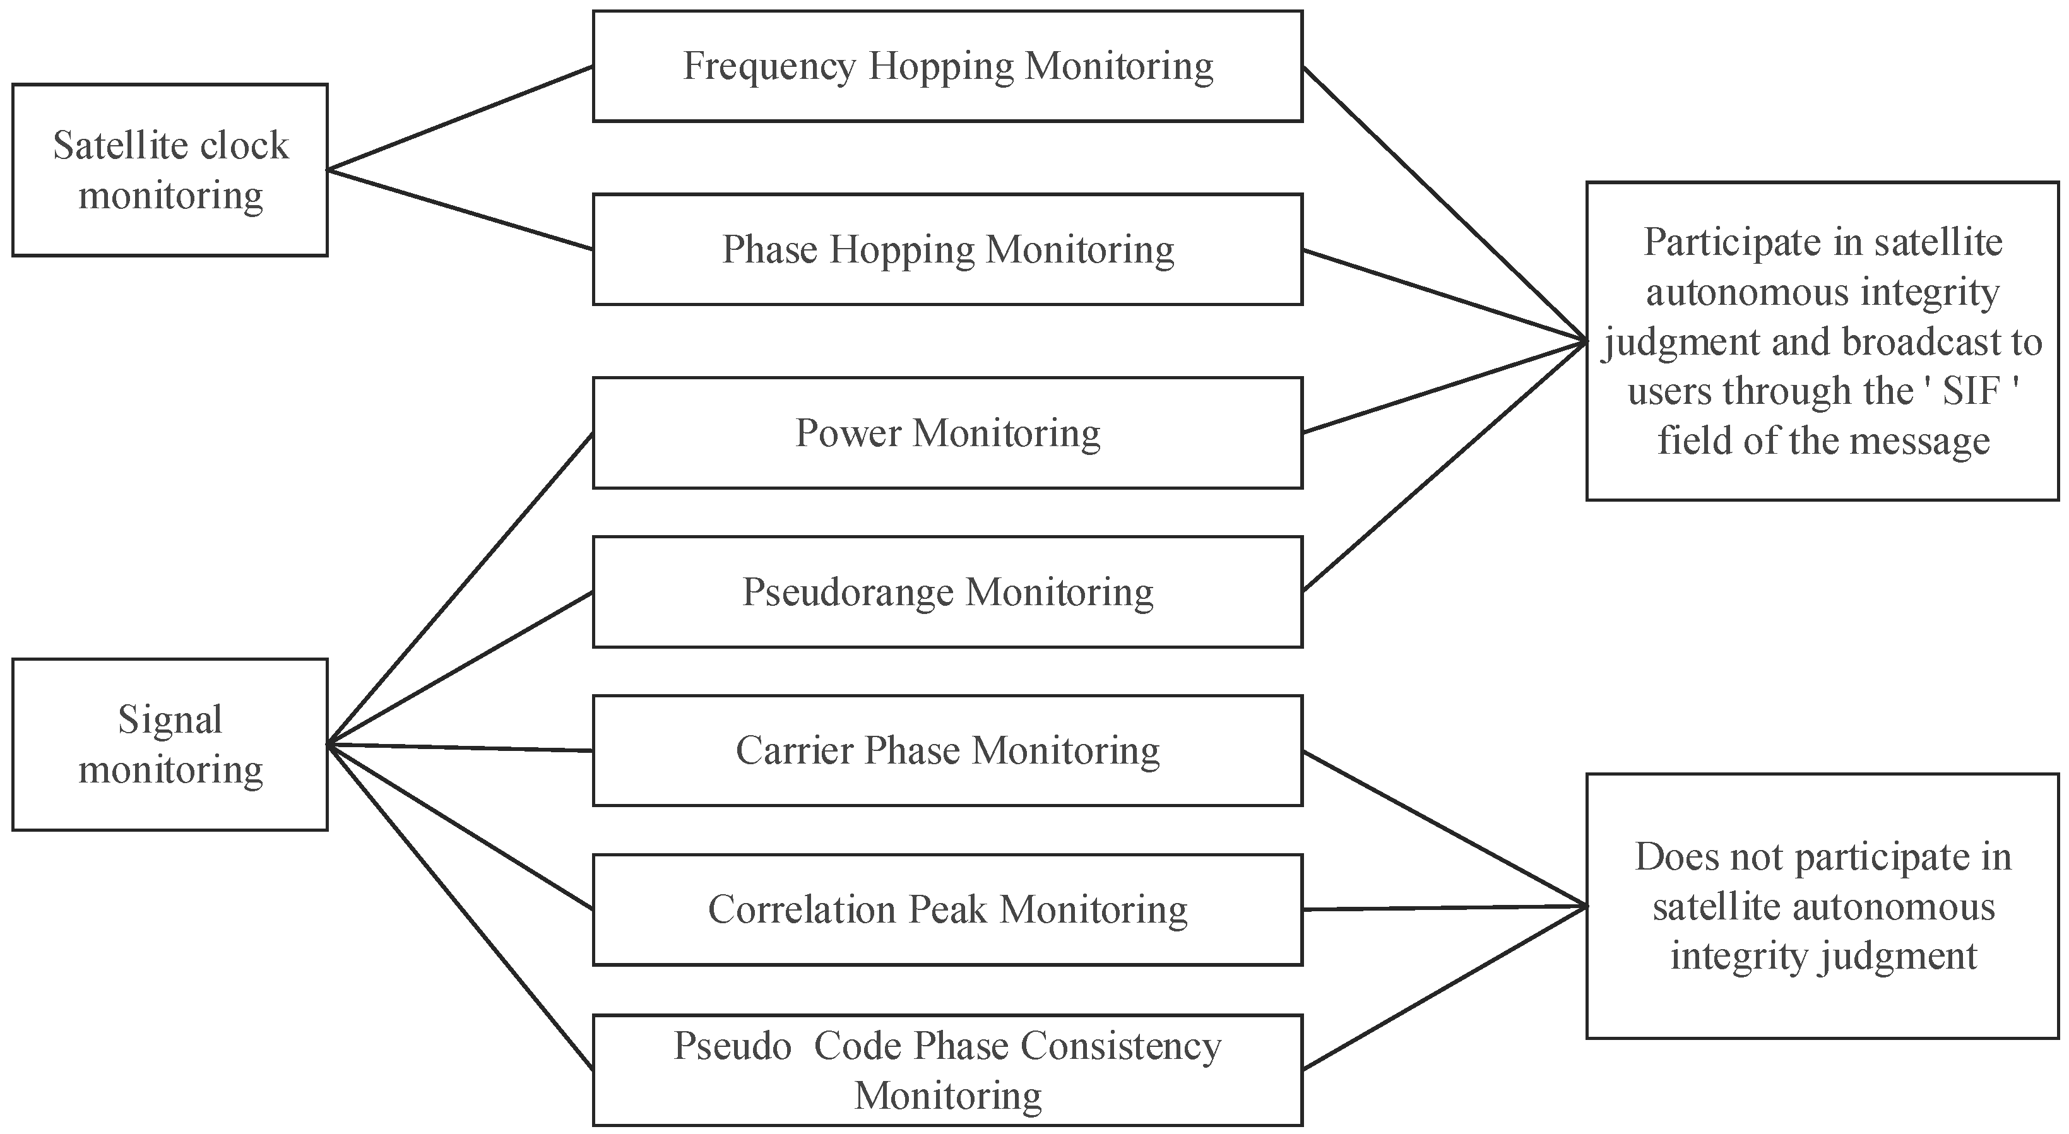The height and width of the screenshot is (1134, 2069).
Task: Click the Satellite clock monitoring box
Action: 170,170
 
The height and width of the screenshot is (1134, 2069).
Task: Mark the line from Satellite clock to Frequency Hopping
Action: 460,118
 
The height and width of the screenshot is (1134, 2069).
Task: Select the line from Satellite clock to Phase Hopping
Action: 460,210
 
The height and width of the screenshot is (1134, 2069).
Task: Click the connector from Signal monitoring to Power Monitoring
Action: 460,589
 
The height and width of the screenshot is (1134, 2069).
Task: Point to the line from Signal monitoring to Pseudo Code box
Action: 460,907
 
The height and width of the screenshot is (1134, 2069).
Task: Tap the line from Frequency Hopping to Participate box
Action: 1444,203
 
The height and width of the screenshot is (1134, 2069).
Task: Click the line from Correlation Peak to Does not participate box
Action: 1444,907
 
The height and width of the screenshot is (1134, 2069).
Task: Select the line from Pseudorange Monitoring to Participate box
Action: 1444,466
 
